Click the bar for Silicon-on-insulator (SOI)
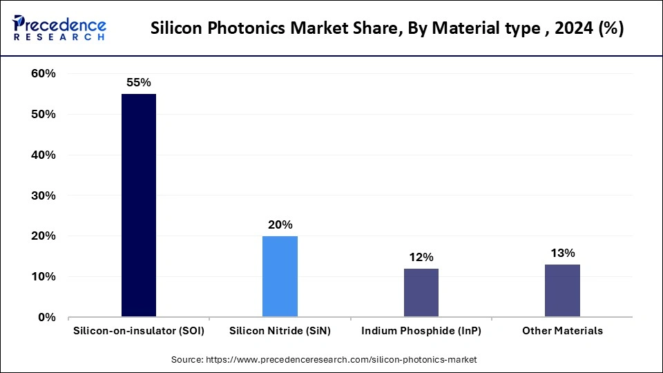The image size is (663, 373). [139, 205]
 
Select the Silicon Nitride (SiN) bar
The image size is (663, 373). [280, 276]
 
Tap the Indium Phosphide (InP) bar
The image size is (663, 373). [421, 293]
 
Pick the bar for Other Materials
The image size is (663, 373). [562, 291]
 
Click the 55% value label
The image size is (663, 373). [138, 82]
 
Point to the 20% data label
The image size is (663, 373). [280, 224]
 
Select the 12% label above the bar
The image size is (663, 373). [421, 257]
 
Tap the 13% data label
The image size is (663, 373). [562, 253]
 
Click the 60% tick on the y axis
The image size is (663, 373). [43, 74]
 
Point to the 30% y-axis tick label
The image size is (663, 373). [43, 195]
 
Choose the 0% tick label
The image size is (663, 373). [46, 318]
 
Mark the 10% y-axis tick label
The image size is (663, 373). [43, 277]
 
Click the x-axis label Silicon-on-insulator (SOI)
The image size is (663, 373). [139, 331]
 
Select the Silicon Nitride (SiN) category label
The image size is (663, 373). [280, 331]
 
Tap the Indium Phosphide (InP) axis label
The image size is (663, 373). [421, 331]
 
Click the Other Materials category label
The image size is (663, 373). [562, 331]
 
